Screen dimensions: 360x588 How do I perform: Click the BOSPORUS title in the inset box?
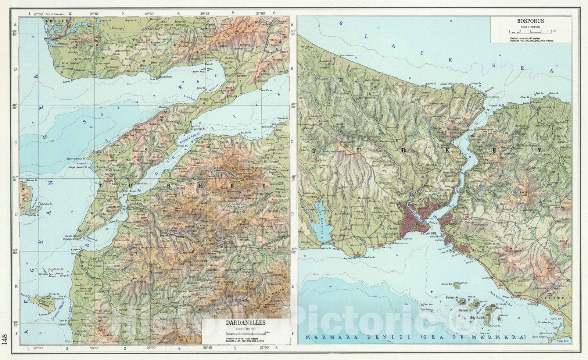pos(530,21)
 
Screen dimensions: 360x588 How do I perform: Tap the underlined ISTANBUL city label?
pos(429,234)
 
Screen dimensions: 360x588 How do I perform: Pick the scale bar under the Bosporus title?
pos(530,31)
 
